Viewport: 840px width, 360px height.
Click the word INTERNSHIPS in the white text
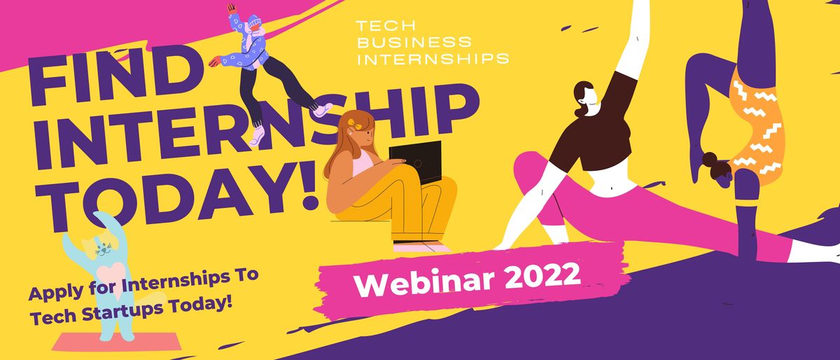coord(433,58)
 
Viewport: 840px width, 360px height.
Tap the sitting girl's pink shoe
coord(420,247)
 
